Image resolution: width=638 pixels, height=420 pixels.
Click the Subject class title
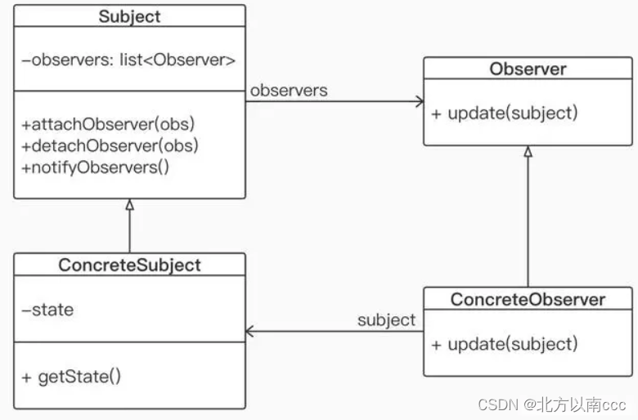129,16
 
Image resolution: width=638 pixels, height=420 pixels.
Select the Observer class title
528,69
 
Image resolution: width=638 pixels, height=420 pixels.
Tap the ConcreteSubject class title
129,265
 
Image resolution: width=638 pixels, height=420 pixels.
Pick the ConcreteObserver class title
528,299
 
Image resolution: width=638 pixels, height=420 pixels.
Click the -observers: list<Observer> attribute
129,59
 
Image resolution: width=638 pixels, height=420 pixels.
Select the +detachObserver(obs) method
110,145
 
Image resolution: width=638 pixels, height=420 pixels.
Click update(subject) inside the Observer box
505,113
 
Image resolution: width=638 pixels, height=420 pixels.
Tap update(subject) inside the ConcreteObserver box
505,343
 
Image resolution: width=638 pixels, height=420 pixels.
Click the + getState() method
71,377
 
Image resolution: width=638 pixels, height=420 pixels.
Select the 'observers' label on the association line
289,90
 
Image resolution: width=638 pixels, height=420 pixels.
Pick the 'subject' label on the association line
386,319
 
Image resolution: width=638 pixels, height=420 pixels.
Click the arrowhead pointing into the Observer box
419,102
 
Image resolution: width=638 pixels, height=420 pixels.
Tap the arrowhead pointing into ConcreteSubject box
250,332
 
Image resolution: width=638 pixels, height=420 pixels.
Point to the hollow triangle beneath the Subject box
129,204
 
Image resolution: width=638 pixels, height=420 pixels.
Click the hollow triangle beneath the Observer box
528,152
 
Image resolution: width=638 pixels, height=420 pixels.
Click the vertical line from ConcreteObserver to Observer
528,221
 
